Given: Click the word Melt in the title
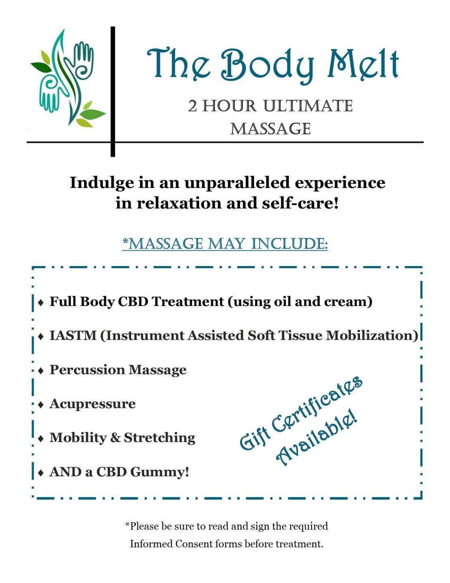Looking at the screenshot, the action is pyautogui.click(x=363, y=65).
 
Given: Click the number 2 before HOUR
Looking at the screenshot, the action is pyautogui.click(x=193, y=106).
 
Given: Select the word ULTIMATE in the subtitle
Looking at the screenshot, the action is pyautogui.click(x=308, y=106).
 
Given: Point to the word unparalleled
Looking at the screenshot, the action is pyautogui.click(x=237, y=183).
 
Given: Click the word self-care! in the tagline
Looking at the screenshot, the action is pyautogui.click(x=300, y=203).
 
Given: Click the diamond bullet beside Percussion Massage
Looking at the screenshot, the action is pyautogui.click(x=41, y=370).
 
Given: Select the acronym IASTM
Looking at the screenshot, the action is pyautogui.click(x=73, y=336).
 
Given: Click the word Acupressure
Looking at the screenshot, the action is pyautogui.click(x=92, y=404).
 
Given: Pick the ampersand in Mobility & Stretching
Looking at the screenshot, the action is pyautogui.click(x=115, y=438).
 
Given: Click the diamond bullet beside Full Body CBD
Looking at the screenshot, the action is pyautogui.click(x=41, y=302).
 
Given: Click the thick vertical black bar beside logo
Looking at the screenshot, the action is pyautogui.click(x=113, y=92).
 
